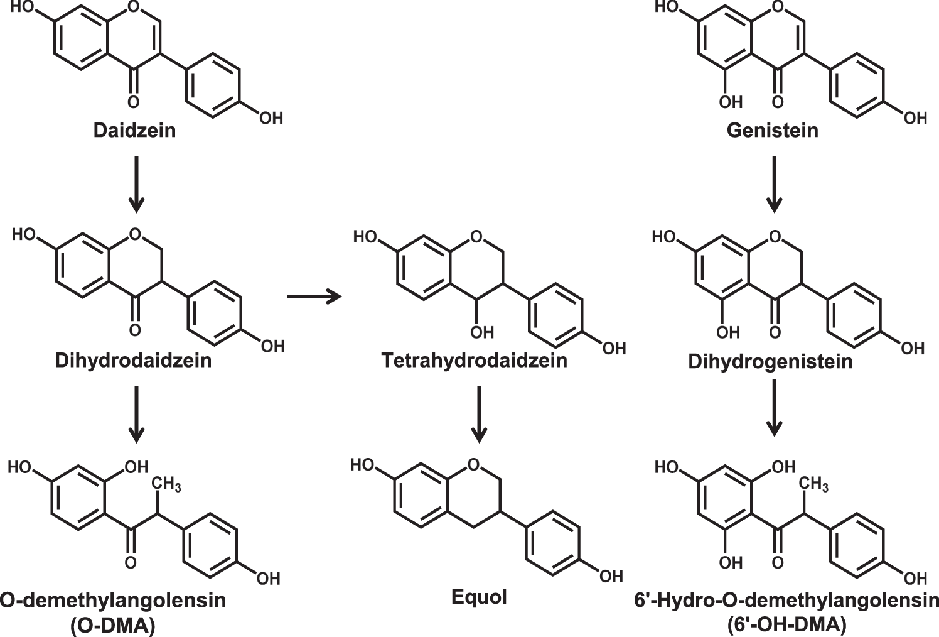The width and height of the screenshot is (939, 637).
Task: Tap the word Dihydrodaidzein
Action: click(x=133, y=361)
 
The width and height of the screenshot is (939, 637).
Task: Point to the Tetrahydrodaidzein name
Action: click(x=474, y=361)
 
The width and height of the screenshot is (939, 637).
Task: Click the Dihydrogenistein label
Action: click(x=770, y=362)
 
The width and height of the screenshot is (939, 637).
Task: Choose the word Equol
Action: click(x=479, y=596)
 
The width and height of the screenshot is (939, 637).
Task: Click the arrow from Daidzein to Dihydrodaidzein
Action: click(x=136, y=182)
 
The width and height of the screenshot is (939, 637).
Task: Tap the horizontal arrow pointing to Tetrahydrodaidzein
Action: click(x=314, y=296)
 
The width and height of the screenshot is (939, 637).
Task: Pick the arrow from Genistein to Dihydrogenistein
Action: click(x=775, y=182)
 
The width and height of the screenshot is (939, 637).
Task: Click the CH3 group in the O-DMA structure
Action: click(x=167, y=484)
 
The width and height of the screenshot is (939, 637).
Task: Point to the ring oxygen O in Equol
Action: click(x=474, y=465)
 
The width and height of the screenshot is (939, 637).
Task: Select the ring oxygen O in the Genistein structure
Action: click(x=778, y=8)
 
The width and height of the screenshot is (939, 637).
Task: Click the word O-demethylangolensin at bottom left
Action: click(x=113, y=601)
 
